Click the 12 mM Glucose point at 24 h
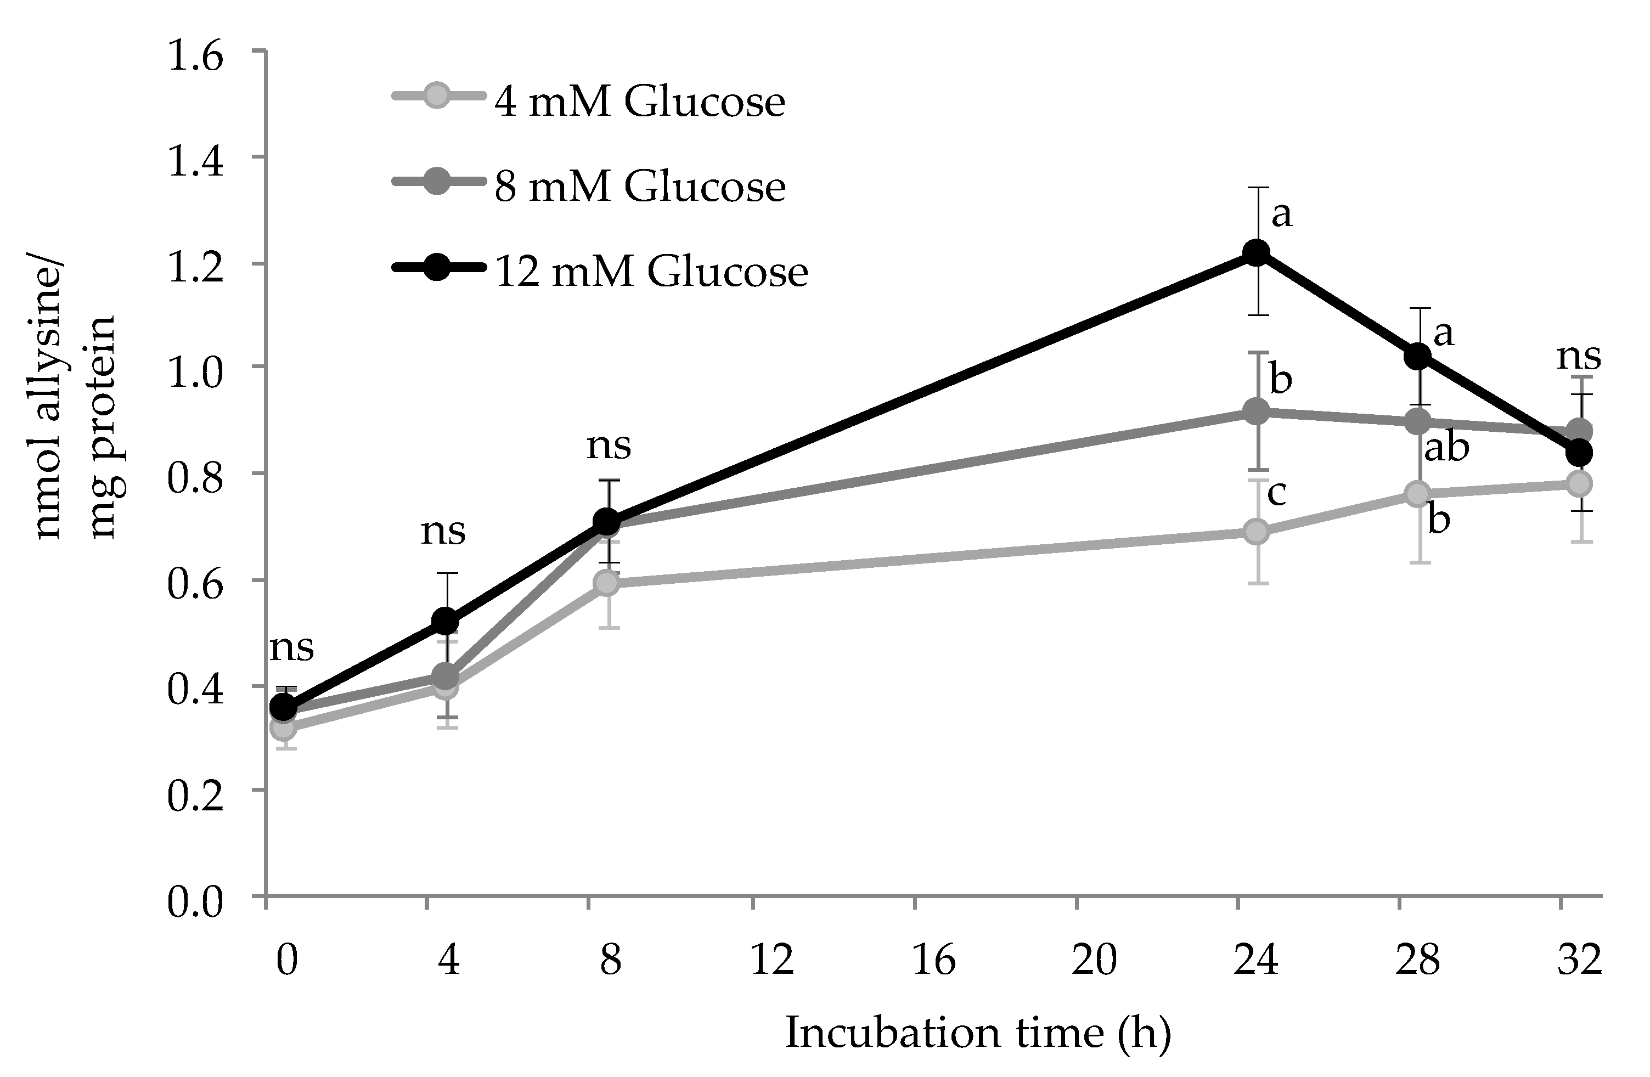1255,252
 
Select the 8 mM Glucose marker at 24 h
1255,411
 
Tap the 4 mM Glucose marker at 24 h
1255,532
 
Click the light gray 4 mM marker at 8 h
607,583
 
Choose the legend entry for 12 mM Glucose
650,270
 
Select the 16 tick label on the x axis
933,961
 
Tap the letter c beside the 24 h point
1276,493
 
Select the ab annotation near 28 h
1446,448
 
